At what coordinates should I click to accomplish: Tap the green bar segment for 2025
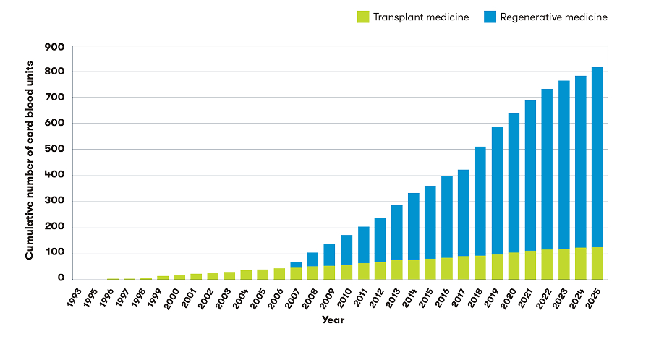[x=597, y=262]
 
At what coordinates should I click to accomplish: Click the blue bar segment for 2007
[x=296, y=265]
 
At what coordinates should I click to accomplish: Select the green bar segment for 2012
[x=380, y=270]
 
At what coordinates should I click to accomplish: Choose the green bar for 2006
[x=279, y=273]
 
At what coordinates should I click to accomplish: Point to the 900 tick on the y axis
[x=55, y=47]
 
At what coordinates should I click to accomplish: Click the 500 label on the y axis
[x=55, y=150]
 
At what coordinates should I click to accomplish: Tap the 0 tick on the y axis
[x=61, y=279]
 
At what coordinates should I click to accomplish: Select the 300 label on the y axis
[x=55, y=202]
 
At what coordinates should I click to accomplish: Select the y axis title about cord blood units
[x=30, y=163]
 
